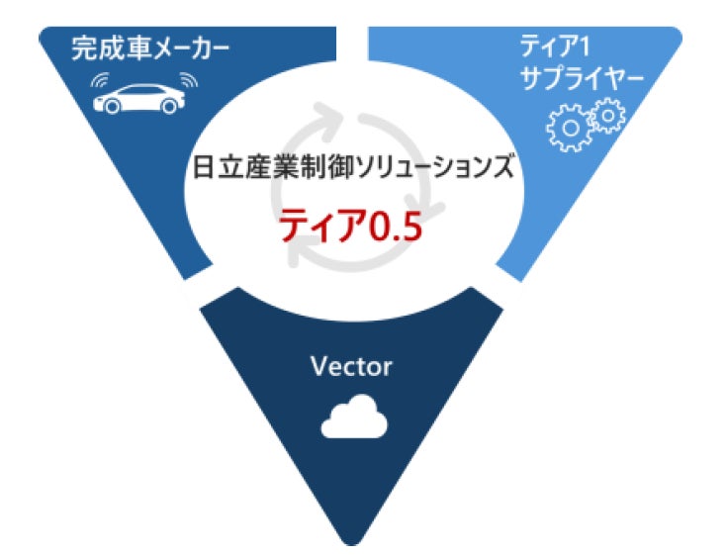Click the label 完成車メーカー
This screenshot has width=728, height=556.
point(150,49)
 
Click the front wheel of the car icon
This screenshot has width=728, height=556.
point(112,107)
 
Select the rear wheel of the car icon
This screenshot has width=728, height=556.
point(168,107)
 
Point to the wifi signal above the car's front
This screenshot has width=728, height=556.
point(100,80)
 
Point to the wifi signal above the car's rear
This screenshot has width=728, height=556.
point(189,80)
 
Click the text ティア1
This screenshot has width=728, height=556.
point(554,46)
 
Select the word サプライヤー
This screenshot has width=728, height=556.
point(582,79)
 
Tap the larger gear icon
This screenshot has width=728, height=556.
point(570,128)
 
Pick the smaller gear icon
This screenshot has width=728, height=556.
point(607,115)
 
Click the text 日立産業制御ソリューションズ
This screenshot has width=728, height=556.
point(353,167)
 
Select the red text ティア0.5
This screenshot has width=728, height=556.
point(350,226)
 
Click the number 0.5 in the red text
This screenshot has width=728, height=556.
point(395,227)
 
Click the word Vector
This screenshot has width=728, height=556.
point(351,366)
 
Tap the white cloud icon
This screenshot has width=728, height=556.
point(354,417)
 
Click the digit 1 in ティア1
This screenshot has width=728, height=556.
point(584,47)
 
